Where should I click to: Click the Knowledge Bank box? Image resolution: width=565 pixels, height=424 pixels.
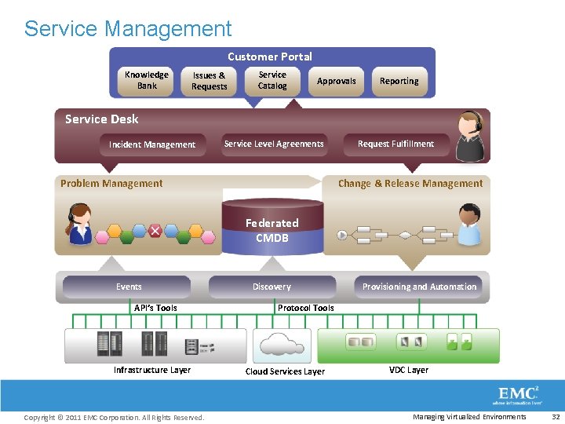coord(147,81)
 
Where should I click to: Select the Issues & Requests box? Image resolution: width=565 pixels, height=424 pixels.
coord(209,82)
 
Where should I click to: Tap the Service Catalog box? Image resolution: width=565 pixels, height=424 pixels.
coord(272,81)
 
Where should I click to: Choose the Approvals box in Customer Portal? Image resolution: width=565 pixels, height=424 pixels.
coord(336,81)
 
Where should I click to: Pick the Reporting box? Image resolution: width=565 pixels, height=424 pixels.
coord(399,81)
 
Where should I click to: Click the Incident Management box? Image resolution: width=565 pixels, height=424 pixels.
coord(152,144)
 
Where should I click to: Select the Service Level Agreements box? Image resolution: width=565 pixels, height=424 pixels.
coord(274,144)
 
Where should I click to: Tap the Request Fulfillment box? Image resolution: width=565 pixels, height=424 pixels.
coord(395,144)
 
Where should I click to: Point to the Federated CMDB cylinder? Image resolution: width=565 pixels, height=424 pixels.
coord(272,228)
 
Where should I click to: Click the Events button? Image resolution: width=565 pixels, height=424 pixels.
coord(128,287)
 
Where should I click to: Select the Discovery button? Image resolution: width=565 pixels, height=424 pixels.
coord(272,287)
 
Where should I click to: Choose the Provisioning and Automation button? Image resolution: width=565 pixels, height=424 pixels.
coord(419,287)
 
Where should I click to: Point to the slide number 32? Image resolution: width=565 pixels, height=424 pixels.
coord(556,417)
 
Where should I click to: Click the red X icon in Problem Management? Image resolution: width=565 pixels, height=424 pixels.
coord(155,231)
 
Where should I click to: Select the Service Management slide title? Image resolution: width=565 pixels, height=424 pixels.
coord(128,29)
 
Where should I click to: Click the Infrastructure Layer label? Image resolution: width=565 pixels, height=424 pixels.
coord(152,370)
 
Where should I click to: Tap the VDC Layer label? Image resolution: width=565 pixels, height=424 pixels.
coord(409,370)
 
